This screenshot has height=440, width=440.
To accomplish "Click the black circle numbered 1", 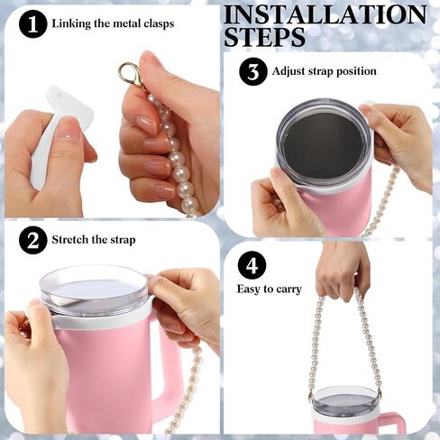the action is (x=33, y=23).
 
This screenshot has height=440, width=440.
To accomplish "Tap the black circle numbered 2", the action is (x=33, y=240).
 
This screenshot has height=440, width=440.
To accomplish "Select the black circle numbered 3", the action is (x=253, y=71).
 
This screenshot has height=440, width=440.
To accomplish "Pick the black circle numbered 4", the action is (x=252, y=265).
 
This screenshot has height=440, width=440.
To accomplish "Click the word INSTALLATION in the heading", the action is (x=325, y=14).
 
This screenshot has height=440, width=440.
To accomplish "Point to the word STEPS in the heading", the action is (x=264, y=37).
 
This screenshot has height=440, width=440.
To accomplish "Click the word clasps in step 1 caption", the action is (x=159, y=23).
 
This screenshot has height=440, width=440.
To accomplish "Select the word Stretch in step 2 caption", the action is (x=70, y=240).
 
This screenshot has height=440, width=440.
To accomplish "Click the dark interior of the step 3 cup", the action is (x=323, y=144).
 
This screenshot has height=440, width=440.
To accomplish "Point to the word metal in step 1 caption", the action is (x=127, y=23).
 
